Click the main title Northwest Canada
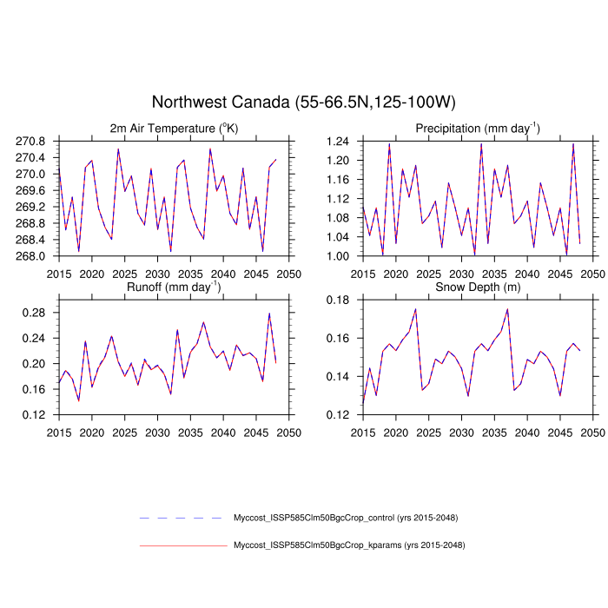(x=303, y=102)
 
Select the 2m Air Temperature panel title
(x=174, y=129)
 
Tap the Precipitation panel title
(x=477, y=129)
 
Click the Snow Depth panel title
(x=478, y=286)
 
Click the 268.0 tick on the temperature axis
(x=36, y=256)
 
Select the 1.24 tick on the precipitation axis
(x=338, y=141)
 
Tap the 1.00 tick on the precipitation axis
(x=338, y=256)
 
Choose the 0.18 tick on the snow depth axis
(x=338, y=299)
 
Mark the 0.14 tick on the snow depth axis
(x=338, y=376)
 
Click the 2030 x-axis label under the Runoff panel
(x=157, y=432)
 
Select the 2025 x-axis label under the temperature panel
(x=124, y=274)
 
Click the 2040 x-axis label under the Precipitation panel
(x=527, y=274)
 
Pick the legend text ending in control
(x=346, y=518)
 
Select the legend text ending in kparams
(x=348, y=545)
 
